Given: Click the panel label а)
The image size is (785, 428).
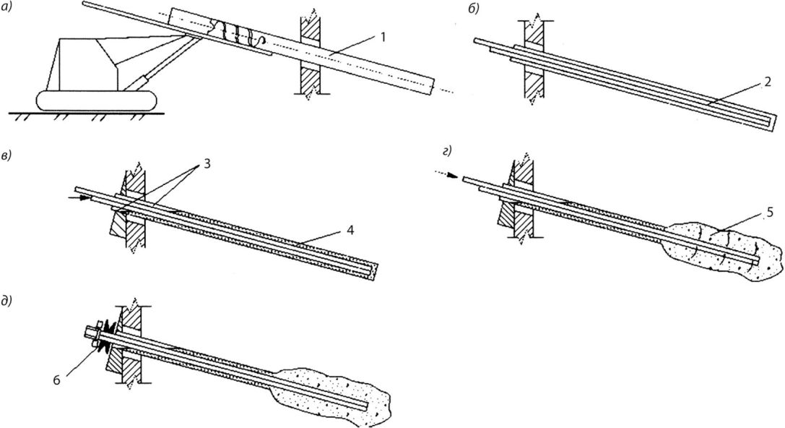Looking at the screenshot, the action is (7, 8).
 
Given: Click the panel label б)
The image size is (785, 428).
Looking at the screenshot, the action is (473, 9).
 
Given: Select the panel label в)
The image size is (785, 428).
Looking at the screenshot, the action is (7, 155).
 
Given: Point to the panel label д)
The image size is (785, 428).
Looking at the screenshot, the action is (8, 301).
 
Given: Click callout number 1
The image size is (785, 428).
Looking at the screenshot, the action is (383, 37).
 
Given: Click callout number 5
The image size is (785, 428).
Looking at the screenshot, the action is (770, 212).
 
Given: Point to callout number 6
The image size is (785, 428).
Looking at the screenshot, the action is (56, 380).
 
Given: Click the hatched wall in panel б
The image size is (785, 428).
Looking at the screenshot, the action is (533, 61).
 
